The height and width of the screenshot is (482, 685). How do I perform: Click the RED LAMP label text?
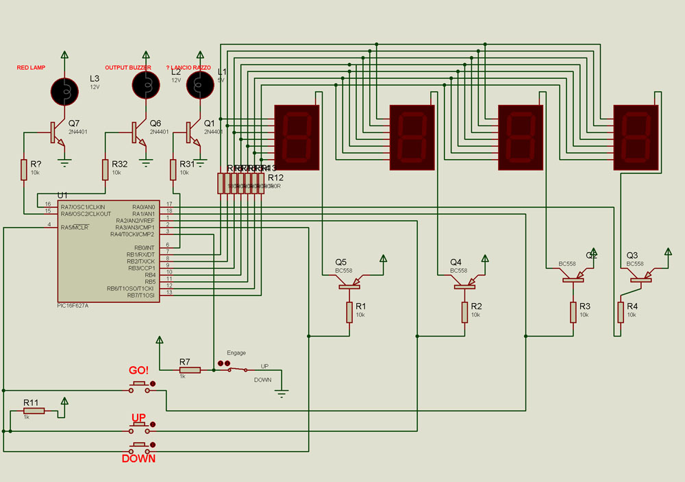coord(32,68)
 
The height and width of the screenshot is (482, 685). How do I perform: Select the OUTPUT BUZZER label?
coord(128,68)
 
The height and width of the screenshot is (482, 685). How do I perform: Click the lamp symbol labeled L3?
coord(65,88)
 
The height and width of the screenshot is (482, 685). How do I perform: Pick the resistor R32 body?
coord(105,169)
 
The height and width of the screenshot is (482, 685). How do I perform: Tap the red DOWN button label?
coord(139,459)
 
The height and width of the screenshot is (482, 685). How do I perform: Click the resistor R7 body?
coord(190,370)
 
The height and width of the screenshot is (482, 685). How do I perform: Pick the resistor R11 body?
coord(34,411)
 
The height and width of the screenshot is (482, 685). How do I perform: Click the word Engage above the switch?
coord(236,352)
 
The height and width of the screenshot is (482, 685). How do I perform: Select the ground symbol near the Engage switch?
coord(281,393)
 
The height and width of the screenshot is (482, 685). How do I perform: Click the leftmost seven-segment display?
coord(297,137)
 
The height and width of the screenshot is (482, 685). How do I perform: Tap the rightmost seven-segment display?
coord(636,137)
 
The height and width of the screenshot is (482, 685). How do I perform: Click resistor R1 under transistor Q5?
coord(349,312)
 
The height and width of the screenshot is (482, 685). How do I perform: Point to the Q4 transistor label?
coord(456,263)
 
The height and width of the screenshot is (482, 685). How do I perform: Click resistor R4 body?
coord(621,312)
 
